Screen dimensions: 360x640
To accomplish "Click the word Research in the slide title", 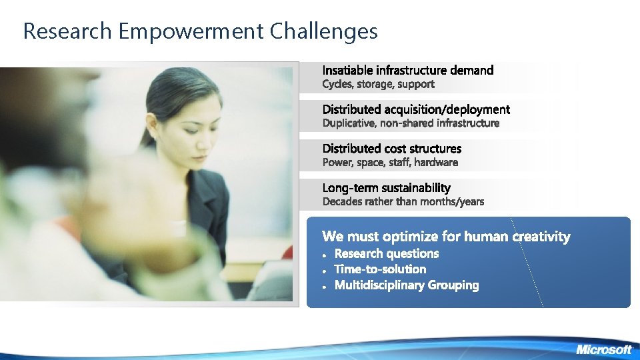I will tap(67, 31).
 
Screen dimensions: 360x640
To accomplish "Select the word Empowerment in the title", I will tap(190, 31).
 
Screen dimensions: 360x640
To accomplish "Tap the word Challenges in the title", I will tap(324, 31).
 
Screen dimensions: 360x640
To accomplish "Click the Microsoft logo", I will tap(603, 349).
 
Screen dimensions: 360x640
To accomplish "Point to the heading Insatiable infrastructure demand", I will tap(408, 70).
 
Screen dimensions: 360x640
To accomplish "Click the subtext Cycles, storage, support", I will tap(378, 84).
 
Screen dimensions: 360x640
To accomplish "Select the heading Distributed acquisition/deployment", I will tap(416, 109).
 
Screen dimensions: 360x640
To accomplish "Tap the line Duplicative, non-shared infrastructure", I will tap(411, 123).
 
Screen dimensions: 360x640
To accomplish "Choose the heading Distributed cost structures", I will tap(392, 148).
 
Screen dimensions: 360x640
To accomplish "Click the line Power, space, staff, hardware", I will tap(390, 162).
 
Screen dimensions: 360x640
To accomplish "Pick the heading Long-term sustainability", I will tap(387, 187).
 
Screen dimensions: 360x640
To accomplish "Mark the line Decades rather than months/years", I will tap(403, 201).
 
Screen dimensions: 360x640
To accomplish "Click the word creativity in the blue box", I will tap(541, 236).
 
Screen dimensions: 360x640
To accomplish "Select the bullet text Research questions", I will tap(387, 253).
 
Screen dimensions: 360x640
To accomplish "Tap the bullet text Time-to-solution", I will tap(380, 269).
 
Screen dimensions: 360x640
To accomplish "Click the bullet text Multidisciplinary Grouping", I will tap(407, 285).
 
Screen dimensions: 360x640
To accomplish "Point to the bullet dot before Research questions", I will tap(323, 255).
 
